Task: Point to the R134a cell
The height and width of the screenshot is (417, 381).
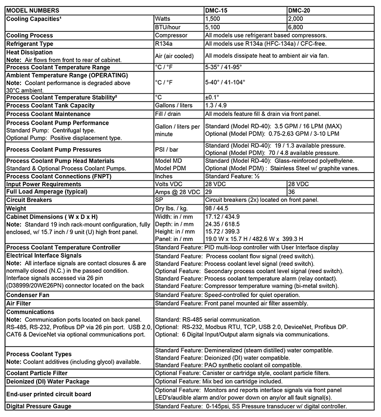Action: pyautogui.click(x=165, y=44)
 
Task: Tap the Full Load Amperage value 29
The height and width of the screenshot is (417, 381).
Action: pyautogui.click(x=209, y=192)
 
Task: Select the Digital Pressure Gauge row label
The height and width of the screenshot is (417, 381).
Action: pyautogui.click(x=39, y=406)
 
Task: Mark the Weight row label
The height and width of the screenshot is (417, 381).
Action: pyautogui.click(x=16, y=208)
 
